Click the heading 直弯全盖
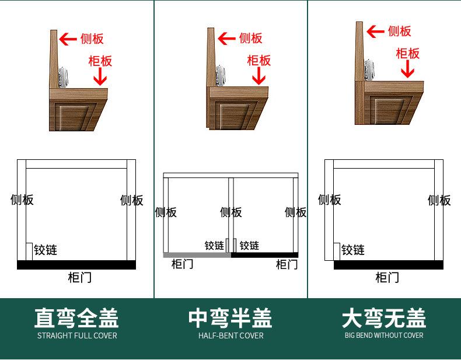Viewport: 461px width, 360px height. (76, 319)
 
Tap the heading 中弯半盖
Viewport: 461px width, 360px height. (230, 319)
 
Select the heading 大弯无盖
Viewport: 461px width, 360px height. (384, 319)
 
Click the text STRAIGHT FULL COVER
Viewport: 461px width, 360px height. (77, 335)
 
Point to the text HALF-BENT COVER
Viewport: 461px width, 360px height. (230, 335)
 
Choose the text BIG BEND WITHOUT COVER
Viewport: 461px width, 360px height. (384, 335)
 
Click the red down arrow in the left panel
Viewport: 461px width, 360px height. (100, 76)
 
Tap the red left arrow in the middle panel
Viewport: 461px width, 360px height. (226, 39)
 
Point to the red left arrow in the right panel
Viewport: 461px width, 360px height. (376, 31)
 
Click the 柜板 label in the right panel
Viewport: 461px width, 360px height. (407, 54)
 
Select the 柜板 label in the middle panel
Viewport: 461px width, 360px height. (259, 60)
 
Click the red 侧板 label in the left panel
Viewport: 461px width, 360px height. (92, 39)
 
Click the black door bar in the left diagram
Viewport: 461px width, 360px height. (76, 265)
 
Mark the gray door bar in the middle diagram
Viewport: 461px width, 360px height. (197, 255)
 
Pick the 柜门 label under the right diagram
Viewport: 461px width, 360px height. (387, 278)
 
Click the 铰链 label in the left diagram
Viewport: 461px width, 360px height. (46, 250)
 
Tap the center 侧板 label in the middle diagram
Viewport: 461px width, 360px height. (230, 212)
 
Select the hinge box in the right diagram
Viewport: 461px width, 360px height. (337, 251)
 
